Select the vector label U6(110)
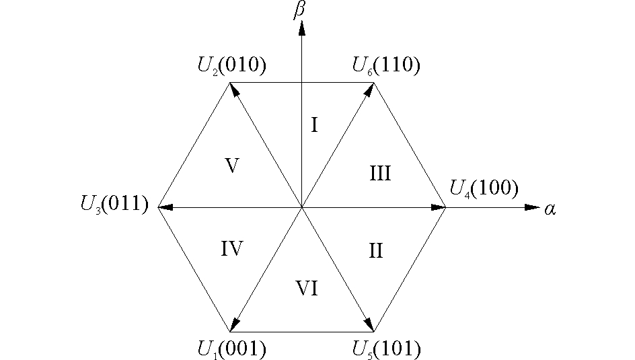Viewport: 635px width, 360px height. click(386, 65)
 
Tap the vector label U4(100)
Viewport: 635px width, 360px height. click(484, 189)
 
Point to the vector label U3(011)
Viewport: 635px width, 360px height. click(114, 203)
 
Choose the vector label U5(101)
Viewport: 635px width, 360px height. click(386, 349)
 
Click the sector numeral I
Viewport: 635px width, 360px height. click(314, 124)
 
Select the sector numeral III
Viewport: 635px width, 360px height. click(380, 174)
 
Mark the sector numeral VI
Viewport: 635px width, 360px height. click(307, 289)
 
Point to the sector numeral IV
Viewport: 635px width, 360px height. click(231, 248)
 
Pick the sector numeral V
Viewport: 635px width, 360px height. click(232, 166)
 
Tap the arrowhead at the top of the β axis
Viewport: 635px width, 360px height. click(302, 28)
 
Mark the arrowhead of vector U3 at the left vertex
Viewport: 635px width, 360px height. click(165, 207)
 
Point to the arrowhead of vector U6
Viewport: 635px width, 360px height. click(370, 89)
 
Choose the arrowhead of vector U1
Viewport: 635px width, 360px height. click(235, 325)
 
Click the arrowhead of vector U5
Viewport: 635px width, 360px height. click(370, 325)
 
